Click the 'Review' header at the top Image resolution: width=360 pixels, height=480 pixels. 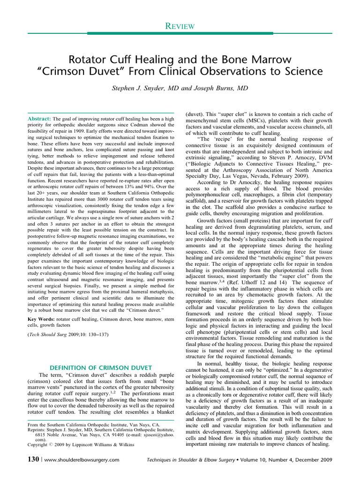(x=180, y=27)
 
